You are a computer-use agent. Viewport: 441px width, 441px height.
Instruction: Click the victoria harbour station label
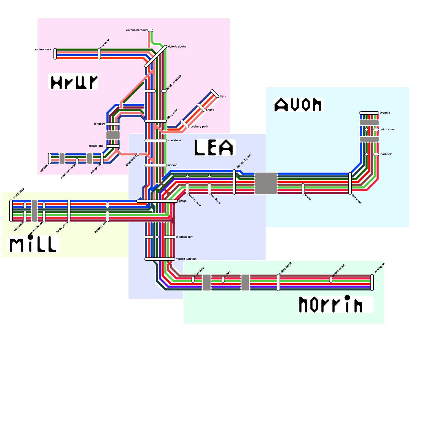136,30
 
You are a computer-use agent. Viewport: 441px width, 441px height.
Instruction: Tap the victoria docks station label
177,47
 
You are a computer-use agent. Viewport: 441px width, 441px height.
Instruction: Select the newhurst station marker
99,54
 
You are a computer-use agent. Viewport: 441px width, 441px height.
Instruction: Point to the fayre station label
223,96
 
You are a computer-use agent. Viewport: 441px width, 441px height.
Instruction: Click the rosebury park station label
199,127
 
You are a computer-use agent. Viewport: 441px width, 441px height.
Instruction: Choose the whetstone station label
174,140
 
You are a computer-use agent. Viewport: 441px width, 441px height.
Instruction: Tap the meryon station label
172,165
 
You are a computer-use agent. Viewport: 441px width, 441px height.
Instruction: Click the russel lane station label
96,146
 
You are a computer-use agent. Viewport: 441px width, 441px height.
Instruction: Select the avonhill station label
385,113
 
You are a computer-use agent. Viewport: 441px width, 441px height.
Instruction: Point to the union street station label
388,129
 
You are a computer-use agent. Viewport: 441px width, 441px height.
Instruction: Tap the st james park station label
184,237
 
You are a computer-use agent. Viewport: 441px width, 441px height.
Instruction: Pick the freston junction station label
186,259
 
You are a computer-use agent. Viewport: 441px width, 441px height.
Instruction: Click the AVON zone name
298,105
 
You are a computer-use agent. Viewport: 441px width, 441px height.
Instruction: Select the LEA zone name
214,147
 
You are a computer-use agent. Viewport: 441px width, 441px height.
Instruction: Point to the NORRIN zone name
331,305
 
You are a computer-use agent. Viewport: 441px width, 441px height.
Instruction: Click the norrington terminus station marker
372,283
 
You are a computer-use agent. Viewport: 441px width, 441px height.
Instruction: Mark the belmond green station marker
234,182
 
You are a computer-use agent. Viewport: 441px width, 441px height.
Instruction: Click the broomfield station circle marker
138,154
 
